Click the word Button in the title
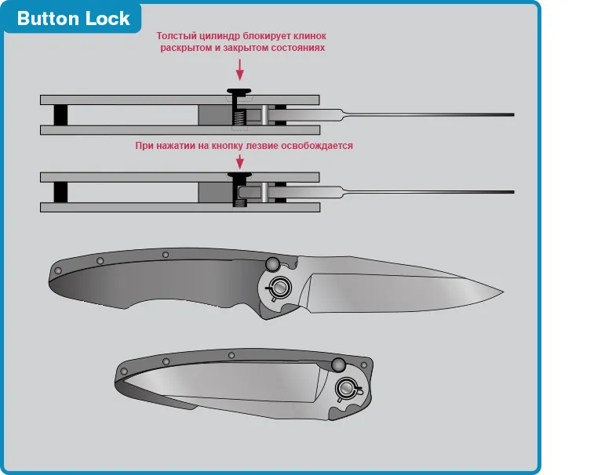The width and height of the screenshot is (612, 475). point(48,18)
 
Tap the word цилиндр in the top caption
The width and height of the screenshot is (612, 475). point(220,36)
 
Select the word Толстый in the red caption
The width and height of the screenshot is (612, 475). point(177,36)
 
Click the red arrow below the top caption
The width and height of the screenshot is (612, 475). point(239,70)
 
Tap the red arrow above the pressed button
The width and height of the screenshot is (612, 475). point(239,161)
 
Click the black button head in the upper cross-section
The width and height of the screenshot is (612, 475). point(239,92)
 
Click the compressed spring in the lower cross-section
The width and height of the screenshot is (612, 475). point(240,203)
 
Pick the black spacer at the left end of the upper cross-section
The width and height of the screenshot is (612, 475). point(60,115)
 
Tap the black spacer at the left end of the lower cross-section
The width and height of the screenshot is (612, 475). point(60,192)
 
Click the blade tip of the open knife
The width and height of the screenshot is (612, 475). point(503,292)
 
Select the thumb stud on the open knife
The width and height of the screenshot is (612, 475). point(273,264)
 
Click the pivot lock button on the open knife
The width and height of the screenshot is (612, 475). point(279,288)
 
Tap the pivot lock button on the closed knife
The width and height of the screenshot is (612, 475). point(346,389)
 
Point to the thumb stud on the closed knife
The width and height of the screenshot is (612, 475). point(338,365)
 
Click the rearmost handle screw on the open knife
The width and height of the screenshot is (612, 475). point(58,270)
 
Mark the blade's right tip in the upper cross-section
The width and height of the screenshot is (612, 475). point(514,114)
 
